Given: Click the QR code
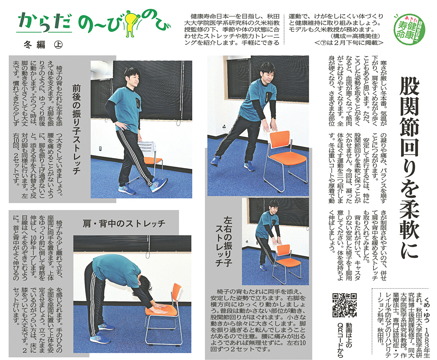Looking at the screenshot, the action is [x=345, y=305].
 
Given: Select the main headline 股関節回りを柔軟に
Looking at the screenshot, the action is [x=409, y=170].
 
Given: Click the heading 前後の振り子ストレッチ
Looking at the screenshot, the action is [x=76, y=129].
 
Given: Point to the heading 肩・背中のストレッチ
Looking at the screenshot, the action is [x=124, y=223].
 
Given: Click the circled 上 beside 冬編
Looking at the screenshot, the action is [x=58, y=44].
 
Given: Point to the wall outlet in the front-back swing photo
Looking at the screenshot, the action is [x=101, y=149].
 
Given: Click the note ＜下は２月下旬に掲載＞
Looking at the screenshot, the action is [x=349, y=43].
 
